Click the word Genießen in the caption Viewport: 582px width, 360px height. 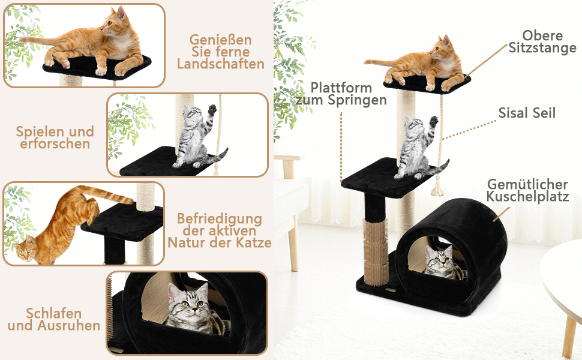click(x=220, y=40)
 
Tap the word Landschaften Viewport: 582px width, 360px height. click(x=220, y=64)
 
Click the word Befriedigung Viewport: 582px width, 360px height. click(x=220, y=218)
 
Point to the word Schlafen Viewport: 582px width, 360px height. click(x=54, y=313)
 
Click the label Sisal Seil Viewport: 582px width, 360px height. click(x=527, y=113)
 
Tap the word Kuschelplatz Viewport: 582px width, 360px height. click(x=527, y=196)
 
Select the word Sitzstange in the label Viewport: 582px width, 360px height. click(x=542, y=48)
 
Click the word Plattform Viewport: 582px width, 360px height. click(x=341, y=88)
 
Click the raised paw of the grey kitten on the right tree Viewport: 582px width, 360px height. click(x=433, y=121)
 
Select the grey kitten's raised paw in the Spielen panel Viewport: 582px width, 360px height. click(x=212, y=109)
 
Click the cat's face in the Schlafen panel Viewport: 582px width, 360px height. click(x=188, y=303)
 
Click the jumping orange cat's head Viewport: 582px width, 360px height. click(x=26, y=250)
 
